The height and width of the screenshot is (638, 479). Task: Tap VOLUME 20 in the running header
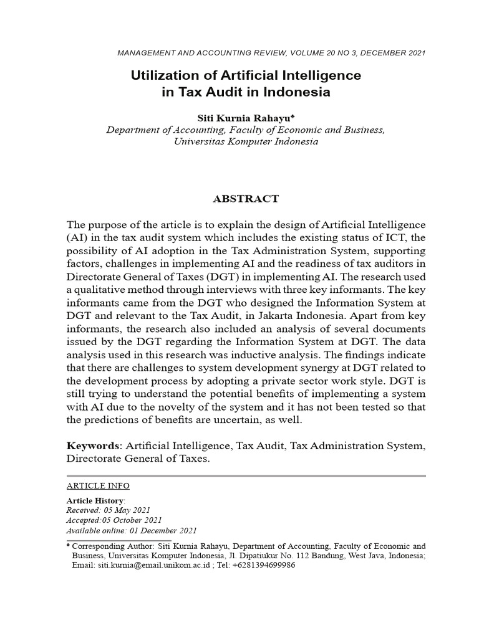pyautogui.click(x=297, y=53)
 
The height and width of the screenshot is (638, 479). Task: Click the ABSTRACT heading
pyautogui.click(x=246, y=199)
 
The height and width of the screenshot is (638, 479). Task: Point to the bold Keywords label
pyautogui.click(x=94, y=446)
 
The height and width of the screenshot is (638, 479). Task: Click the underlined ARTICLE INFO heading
pyautogui.click(x=98, y=485)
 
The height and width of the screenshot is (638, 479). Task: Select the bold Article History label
pyautogui.click(x=95, y=500)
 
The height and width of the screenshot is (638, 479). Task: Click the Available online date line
pyautogui.click(x=132, y=530)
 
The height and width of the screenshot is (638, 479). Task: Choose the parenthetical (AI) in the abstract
pyautogui.click(x=77, y=237)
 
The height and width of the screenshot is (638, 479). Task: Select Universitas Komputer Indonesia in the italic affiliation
pyautogui.click(x=245, y=141)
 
